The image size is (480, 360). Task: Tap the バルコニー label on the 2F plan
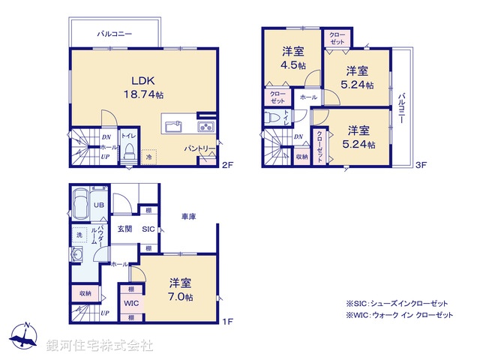115,34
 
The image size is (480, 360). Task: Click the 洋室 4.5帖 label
293,58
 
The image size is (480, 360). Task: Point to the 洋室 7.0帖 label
180,289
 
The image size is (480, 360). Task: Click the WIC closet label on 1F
131,304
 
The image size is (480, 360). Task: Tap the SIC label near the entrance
148,230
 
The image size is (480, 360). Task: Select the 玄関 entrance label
124,230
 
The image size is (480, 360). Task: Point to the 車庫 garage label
189,217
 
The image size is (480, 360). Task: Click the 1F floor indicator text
227,322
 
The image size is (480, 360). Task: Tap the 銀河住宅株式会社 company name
100,346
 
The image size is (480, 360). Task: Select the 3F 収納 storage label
301,157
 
